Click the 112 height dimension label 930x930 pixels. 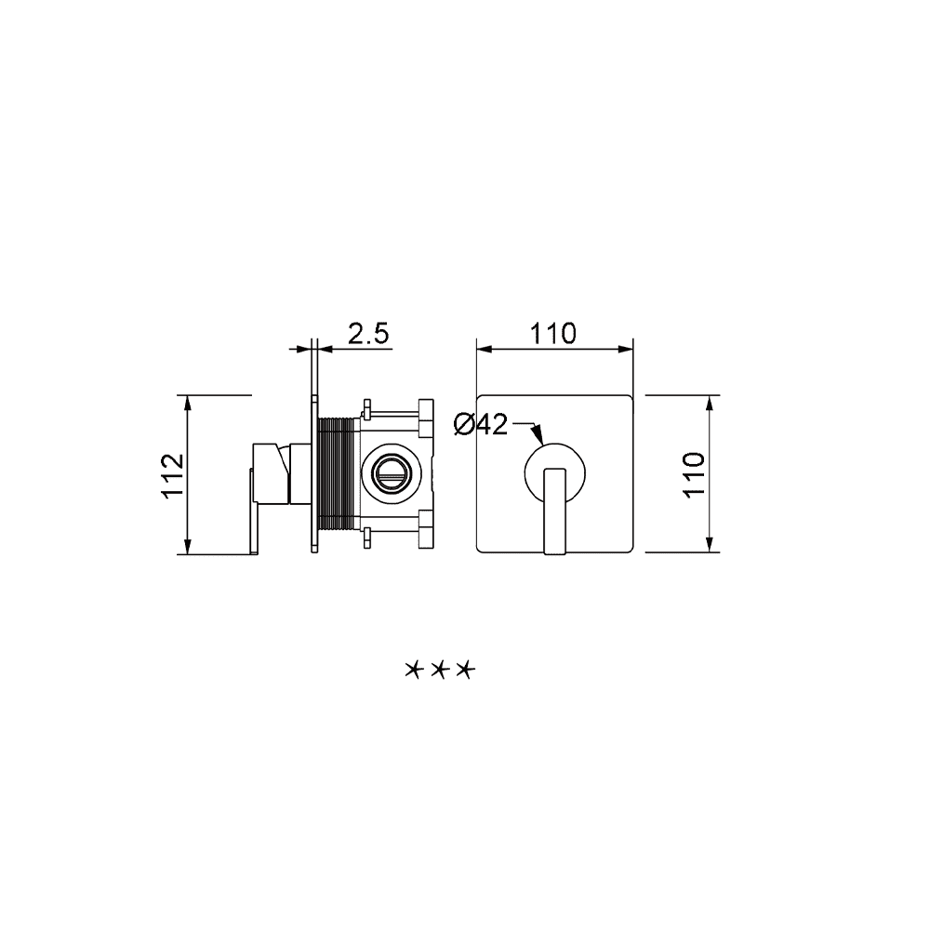click(x=173, y=475)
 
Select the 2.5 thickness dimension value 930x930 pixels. click(x=368, y=334)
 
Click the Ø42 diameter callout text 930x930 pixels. click(x=481, y=425)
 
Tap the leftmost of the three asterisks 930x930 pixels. click(x=413, y=671)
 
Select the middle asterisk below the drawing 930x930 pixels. click(x=440, y=671)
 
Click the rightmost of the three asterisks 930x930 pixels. click(x=466, y=671)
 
